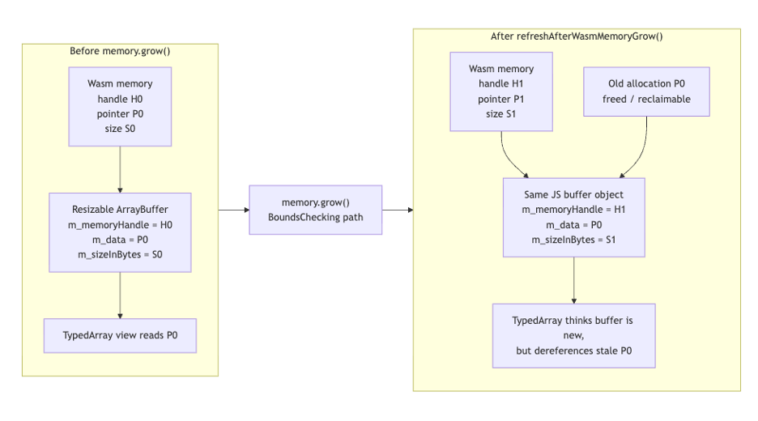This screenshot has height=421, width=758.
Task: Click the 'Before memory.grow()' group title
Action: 120,52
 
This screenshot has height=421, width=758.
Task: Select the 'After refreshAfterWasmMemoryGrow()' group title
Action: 576,36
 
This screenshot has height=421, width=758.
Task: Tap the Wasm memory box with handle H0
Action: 120,106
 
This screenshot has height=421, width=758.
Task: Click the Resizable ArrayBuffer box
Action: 120,232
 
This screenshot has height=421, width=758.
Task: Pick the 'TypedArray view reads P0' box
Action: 120,335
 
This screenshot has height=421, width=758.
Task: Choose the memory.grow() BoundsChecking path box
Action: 315,210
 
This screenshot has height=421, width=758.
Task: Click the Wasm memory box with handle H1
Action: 502,91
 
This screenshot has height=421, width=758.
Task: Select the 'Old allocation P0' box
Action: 645,91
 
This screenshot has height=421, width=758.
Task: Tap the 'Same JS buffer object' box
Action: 573,217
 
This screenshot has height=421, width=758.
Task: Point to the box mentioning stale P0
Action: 573,335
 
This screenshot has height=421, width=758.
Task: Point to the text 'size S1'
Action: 502,114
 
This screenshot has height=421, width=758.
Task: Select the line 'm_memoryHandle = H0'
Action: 120,225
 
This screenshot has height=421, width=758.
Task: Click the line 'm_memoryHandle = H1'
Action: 573,210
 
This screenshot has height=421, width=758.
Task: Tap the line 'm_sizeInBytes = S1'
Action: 573,240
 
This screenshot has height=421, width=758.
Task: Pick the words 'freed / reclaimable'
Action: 645,99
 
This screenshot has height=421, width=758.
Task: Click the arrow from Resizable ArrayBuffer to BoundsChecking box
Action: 233,210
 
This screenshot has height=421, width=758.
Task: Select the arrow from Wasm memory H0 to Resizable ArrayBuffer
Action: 120,169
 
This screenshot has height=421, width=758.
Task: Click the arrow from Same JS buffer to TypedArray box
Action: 573,280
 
